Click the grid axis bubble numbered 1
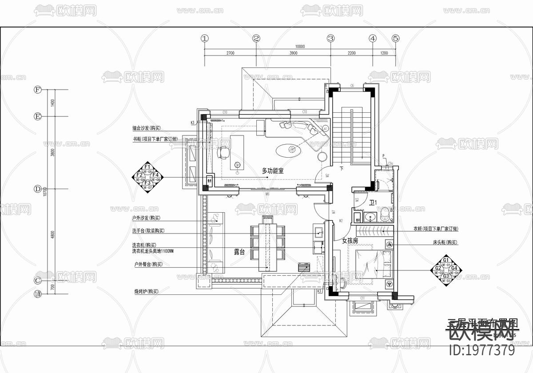[204, 39]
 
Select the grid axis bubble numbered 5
[396, 39]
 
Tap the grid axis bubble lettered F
[38, 90]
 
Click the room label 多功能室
[273, 171]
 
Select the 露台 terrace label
[239, 252]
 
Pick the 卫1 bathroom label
[373, 203]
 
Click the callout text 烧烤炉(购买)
[146, 292]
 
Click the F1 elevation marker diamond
[147, 177]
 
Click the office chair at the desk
[224, 151]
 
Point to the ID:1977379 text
[482, 350]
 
